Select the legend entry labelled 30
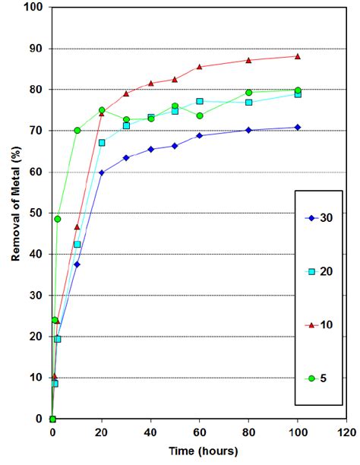pyautogui.click(x=326, y=219)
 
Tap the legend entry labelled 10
pyautogui.click(x=326, y=324)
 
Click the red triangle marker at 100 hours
pyautogui.click(x=298, y=56)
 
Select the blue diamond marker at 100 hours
pyautogui.click(x=298, y=127)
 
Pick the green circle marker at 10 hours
pyautogui.click(x=77, y=130)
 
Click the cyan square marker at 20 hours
pyautogui.click(x=102, y=143)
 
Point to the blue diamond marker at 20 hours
pyautogui.click(x=102, y=172)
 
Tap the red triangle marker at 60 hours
pyautogui.click(x=200, y=67)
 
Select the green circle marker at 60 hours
pyautogui.click(x=200, y=115)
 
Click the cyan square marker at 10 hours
pyautogui.click(x=77, y=244)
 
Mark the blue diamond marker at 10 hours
pyautogui.click(x=77, y=264)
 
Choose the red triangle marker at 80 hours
pyautogui.click(x=248, y=60)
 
